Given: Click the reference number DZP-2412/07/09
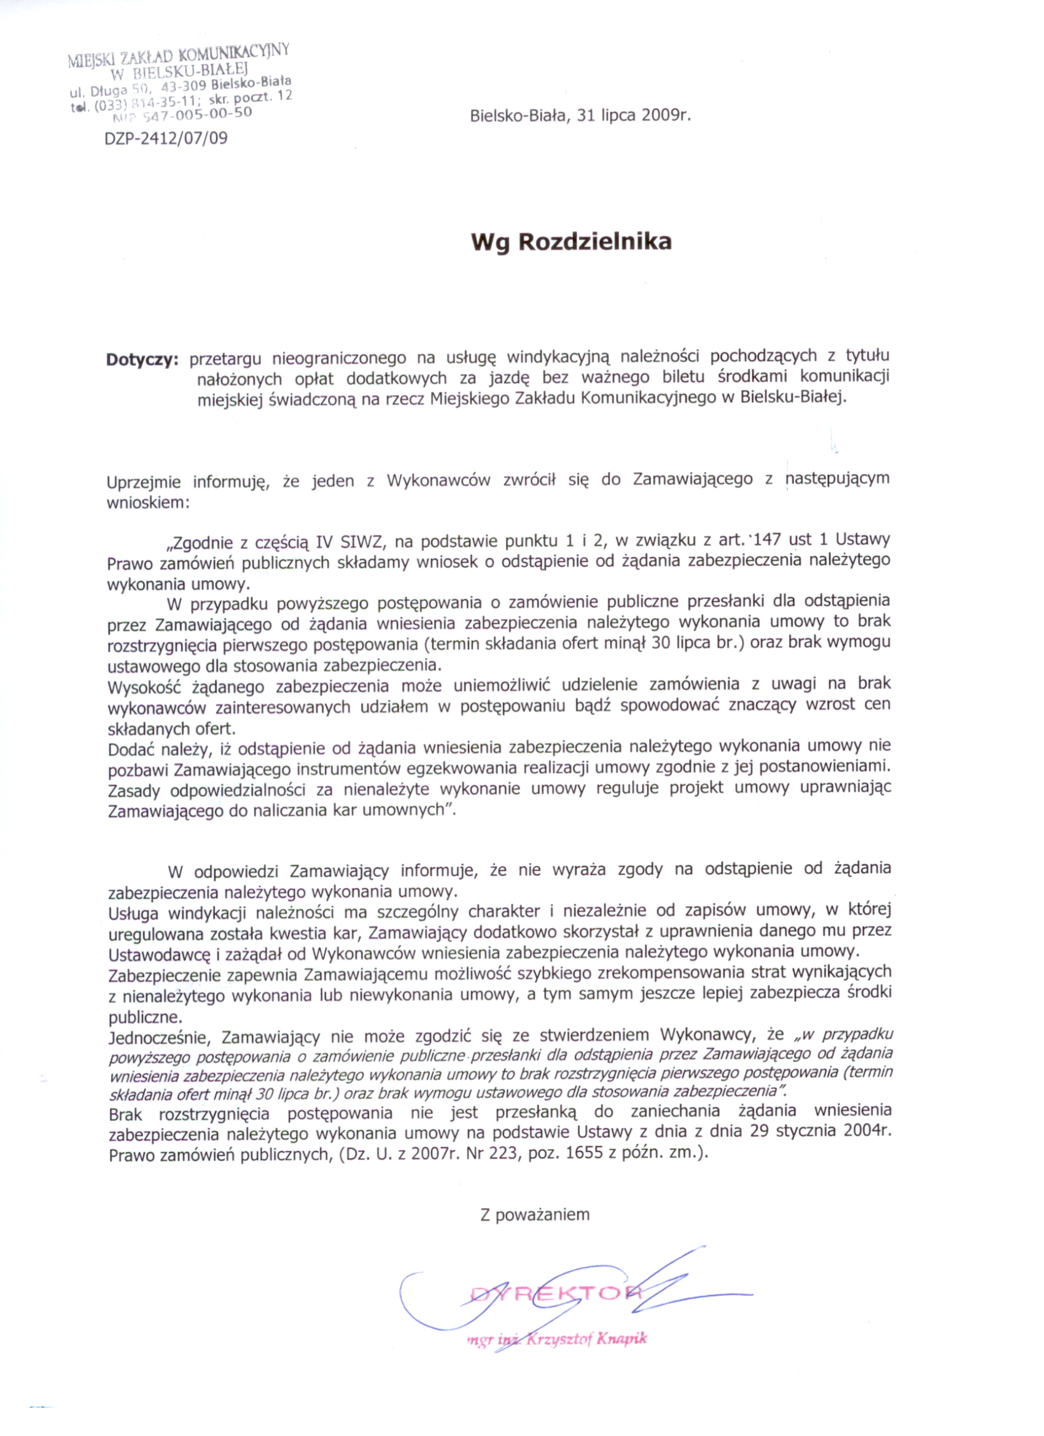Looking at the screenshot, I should click(x=166, y=138).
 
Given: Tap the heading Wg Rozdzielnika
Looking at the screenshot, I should click(x=571, y=242).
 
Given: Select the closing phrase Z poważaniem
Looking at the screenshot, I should click(x=535, y=1214).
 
